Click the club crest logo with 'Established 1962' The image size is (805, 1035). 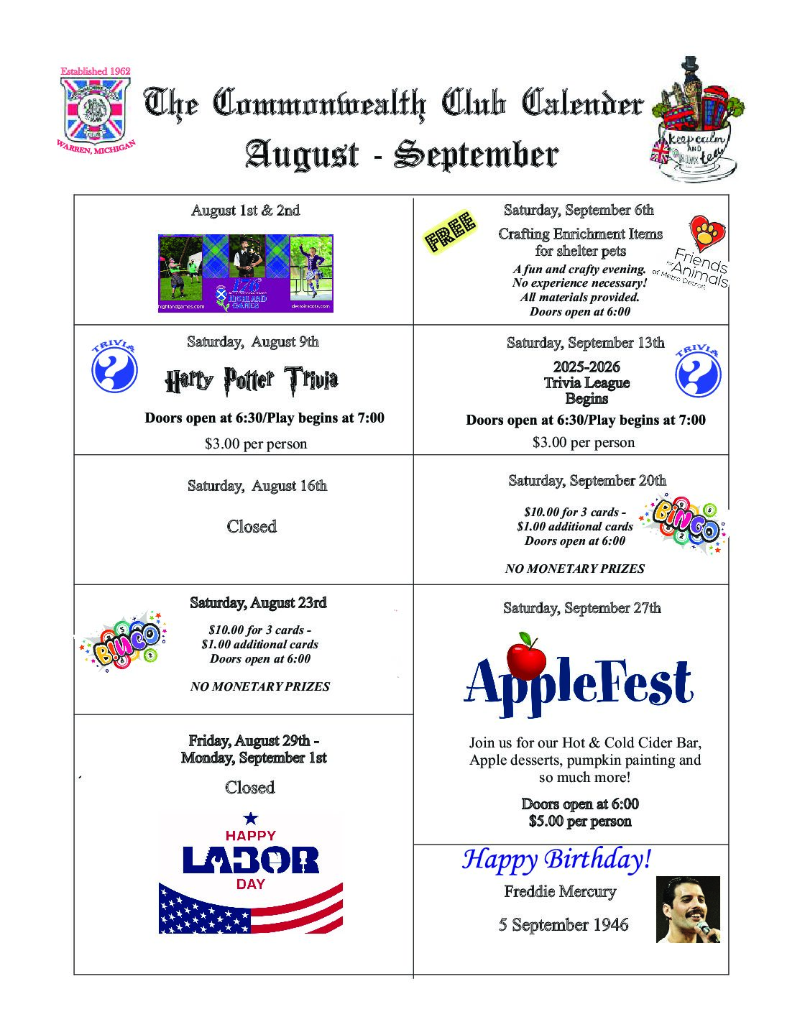pyautogui.click(x=94, y=108)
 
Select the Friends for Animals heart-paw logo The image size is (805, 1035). pyautogui.click(x=707, y=234)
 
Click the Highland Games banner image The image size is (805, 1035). pyautogui.click(x=246, y=273)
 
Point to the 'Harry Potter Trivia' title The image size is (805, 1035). pyautogui.click(x=251, y=380)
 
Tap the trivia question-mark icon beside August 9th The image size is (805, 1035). pyautogui.click(x=114, y=371)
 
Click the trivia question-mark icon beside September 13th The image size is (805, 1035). pyautogui.click(x=698, y=373)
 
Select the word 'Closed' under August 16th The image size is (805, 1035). pyautogui.click(x=252, y=527)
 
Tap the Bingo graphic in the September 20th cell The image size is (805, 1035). pyautogui.click(x=686, y=525)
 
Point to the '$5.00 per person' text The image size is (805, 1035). pyautogui.click(x=580, y=822)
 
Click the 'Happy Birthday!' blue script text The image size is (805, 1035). pyautogui.click(x=556, y=859)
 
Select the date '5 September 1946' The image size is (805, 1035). pyautogui.click(x=563, y=925)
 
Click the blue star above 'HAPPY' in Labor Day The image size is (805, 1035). pyautogui.click(x=251, y=818)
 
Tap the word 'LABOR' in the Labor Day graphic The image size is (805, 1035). pyautogui.click(x=251, y=860)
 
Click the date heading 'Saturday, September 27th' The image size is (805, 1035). pyautogui.click(x=581, y=608)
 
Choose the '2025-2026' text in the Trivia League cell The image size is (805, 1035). pyautogui.click(x=586, y=367)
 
